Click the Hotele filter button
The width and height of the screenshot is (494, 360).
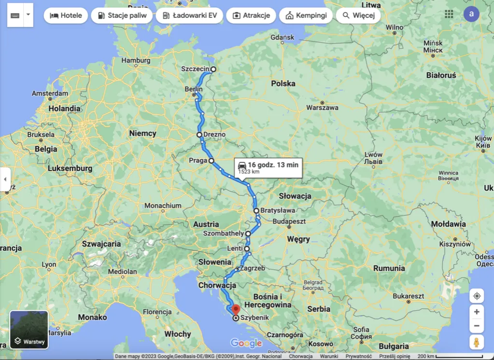pos(66,15)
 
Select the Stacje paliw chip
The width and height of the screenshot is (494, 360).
pos(122,15)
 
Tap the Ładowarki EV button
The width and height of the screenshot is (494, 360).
pos(189,15)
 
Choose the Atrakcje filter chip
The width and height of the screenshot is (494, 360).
pos(251,15)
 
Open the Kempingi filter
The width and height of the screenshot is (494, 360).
pos(306,15)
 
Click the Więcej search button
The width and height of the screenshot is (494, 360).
pos(358,15)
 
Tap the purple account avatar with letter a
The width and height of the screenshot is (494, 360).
pos(471,14)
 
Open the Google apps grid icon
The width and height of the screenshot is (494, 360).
pos(449,14)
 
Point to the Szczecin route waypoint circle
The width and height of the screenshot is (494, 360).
pos(213,69)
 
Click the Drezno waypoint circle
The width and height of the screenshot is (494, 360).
pos(199,135)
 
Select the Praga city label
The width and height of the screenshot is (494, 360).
pos(198,160)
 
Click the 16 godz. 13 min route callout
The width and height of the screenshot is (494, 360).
pos(268,167)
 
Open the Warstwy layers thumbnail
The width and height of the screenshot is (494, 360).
pos(29,330)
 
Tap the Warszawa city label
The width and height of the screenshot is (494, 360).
pos(322,108)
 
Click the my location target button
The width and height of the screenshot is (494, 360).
pos(476,296)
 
